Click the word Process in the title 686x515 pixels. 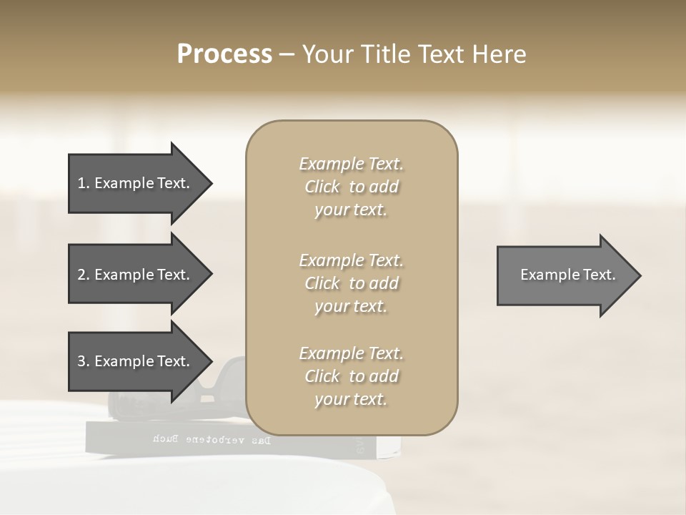pyautogui.click(x=224, y=54)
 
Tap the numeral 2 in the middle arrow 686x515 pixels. pyautogui.click(x=81, y=275)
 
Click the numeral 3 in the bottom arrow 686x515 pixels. pyautogui.click(x=81, y=361)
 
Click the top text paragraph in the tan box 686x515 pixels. pyautogui.click(x=351, y=187)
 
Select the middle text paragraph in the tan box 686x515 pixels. pyautogui.click(x=351, y=283)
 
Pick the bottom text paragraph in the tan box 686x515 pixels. pyautogui.click(x=351, y=376)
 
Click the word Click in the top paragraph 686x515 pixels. pyautogui.click(x=322, y=187)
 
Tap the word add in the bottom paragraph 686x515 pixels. pyautogui.click(x=385, y=376)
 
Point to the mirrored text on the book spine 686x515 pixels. pyautogui.click(x=212, y=439)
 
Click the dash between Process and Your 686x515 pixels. pyautogui.click(x=287, y=54)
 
